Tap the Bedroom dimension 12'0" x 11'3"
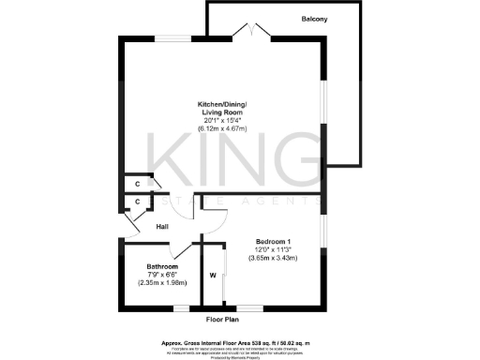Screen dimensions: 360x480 coord(273,249)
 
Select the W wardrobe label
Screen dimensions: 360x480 coord(213,276)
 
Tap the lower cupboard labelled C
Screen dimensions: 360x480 coord(137,201)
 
